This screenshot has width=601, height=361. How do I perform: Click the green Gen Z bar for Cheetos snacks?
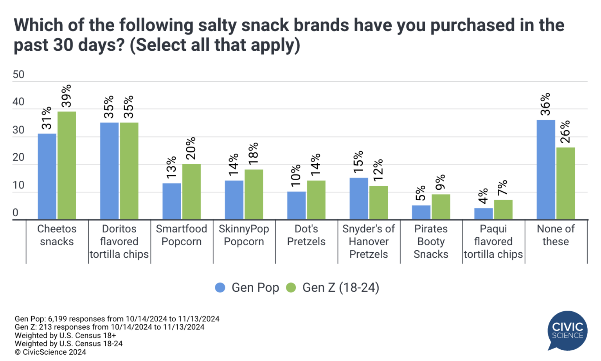pyautogui.click(x=67, y=165)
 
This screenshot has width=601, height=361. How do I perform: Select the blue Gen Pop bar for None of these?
pyautogui.click(x=546, y=169)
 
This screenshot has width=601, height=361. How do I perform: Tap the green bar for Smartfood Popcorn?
pyautogui.click(x=191, y=191)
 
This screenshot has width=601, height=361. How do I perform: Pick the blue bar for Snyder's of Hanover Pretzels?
pyautogui.click(x=359, y=198)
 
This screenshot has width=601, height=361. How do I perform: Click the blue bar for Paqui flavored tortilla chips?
pyautogui.click(x=484, y=214)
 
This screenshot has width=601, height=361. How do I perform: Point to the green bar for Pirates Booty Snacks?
pyautogui.click(x=441, y=207)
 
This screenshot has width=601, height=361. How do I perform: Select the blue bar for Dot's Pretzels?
pyautogui.click(x=297, y=205)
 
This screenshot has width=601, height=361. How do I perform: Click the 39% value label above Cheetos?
pyautogui.click(x=67, y=96)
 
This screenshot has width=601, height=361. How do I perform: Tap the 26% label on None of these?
pyautogui.click(x=565, y=132)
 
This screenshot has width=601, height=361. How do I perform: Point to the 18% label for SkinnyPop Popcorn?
pyautogui.click(x=254, y=153)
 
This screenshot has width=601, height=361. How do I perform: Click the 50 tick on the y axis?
pyautogui.click(x=18, y=75)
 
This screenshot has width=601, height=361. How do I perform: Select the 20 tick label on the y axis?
pyautogui.click(x=18, y=158)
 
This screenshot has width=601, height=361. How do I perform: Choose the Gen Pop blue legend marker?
pyautogui.click(x=220, y=287)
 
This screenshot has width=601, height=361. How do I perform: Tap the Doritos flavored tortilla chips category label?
pyautogui.click(x=119, y=241)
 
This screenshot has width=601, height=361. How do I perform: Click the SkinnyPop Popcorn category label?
pyautogui.click(x=244, y=235)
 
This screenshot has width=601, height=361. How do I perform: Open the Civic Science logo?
pyautogui.click(x=567, y=330)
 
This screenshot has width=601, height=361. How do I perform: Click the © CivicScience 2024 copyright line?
pyautogui.click(x=50, y=352)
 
